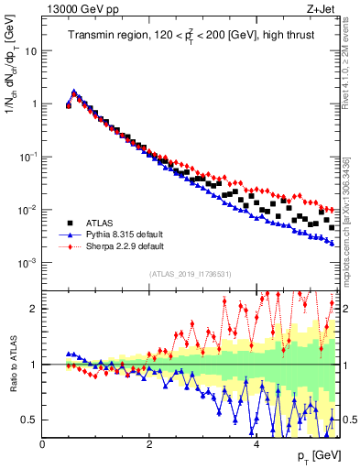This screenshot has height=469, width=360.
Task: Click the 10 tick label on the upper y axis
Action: (x=28, y=51)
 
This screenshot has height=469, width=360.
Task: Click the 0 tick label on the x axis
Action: (x=43, y=445)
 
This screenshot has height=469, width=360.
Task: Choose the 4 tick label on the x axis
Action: (x=256, y=445)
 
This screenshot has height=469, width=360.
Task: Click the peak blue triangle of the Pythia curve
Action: (x=74, y=92)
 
